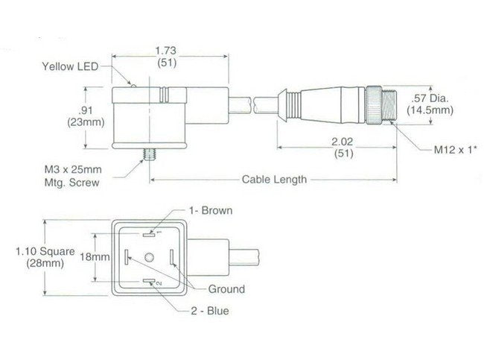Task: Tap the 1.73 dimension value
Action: point(166,51)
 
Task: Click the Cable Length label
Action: point(274,179)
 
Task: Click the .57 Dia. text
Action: point(430,98)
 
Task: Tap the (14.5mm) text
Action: point(430,110)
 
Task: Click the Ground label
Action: point(226,289)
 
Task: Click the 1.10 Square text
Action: point(45,252)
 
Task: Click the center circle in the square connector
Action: point(150,258)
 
